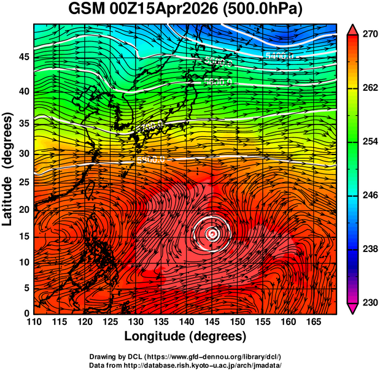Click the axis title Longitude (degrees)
point(185,336)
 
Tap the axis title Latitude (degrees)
point(9,169)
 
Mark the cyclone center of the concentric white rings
point(211,234)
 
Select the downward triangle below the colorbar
point(352,308)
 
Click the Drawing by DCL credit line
point(185,356)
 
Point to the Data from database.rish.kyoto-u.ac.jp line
point(185,365)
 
